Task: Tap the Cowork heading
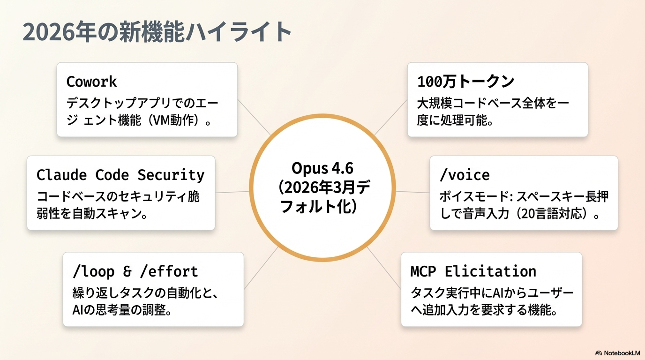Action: (91, 82)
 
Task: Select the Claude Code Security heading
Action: (120, 175)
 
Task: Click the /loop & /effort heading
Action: (135, 271)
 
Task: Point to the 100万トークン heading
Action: (465, 82)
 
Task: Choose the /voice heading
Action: (465, 175)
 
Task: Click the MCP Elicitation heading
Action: (473, 271)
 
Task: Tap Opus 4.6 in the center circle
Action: (322, 167)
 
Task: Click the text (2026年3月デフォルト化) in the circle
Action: (322, 197)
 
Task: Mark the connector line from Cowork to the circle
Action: (254, 117)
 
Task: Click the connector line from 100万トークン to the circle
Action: (390, 117)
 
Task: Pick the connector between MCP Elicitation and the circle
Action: (383, 267)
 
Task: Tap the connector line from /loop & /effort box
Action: (260, 268)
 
